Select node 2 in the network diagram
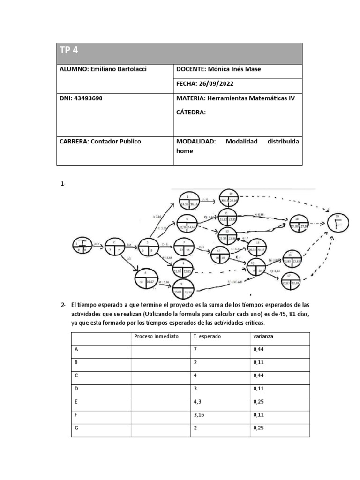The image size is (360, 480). tap(113, 246)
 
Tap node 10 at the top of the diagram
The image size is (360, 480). tap(231, 199)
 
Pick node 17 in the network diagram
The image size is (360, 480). tap(289, 280)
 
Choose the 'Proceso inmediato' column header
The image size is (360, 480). tap(156, 336)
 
